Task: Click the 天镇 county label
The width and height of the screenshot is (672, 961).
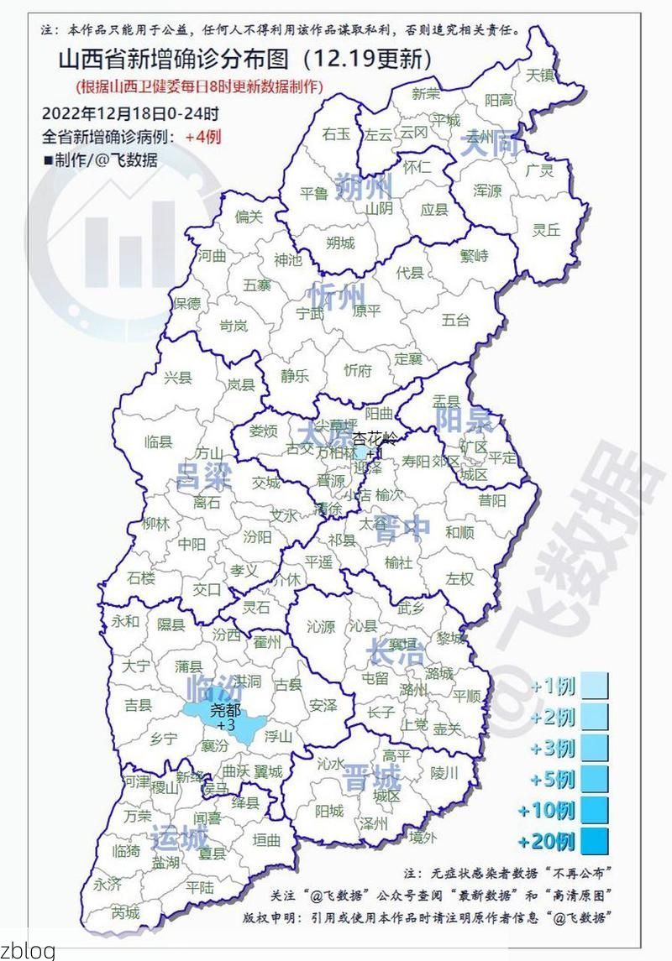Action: pos(541,75)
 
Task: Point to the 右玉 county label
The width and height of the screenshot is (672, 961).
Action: pos(336,133)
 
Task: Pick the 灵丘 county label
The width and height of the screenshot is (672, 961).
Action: pos(547,229)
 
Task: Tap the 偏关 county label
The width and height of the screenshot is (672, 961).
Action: pos(249,217)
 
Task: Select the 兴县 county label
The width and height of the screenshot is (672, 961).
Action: pos(178,378)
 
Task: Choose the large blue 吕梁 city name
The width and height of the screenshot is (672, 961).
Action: pos(203,477)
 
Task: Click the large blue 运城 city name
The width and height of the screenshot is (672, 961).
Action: pos(179,837)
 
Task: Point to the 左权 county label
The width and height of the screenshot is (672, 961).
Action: pos(459,578)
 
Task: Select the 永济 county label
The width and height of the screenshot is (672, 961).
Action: pos(108,884)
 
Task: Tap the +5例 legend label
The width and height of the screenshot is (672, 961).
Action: pos(553,779)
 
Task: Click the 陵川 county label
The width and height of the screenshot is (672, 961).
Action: pos(444,772)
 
